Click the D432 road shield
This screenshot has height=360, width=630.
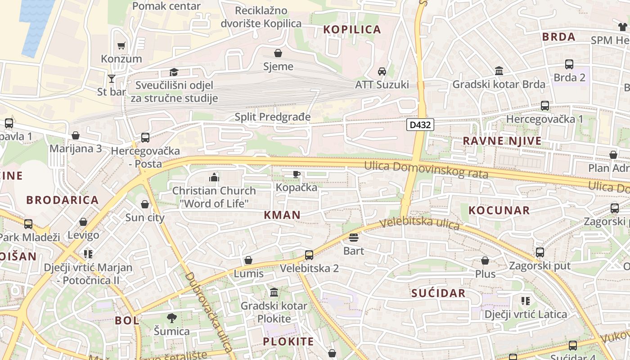pyautogui.click(x=420, y=125)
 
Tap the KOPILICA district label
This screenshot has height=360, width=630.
pyautogui.click(x=352, y=30)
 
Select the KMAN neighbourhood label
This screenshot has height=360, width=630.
pyautogui.click(x=282, y=215)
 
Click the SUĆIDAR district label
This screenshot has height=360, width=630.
pyautogui.click(x=438, y=293)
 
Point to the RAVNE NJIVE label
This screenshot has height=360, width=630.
pyautogui.click(x=502, y=141)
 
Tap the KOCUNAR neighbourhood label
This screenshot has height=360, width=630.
pyautogui.click(x=499, y=210)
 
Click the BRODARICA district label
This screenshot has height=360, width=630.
pyautogui.click(x=62, y=200)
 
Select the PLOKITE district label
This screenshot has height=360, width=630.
pyautogui.click(x=288, y=341)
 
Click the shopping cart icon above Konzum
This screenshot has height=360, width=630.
pyautogui.click(x=121, y=45)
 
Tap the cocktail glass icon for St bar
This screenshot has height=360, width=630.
pyautogui.click(x=112, y=79)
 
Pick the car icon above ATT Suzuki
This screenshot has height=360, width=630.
pyautogui.click(x=382, y=72)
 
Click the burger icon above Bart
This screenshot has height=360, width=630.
pyautogui.click(x=354, y=237)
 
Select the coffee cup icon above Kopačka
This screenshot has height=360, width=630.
pyautogui.click(x=296, y=174)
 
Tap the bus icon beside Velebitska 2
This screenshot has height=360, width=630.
pyautogui.click(x=309, y=255)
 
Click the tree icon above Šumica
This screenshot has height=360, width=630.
pyautogui.click(x=171, y=318)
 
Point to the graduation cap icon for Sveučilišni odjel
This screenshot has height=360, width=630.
pyautogui.click(x=174, y=72)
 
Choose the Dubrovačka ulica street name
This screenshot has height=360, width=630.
pyautogui.click(x=209, y=311)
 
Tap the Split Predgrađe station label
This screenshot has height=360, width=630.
pyautogui.click(x=273, y=117)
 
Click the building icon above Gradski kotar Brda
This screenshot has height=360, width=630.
pyautogui.click(x=499, y=71)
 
